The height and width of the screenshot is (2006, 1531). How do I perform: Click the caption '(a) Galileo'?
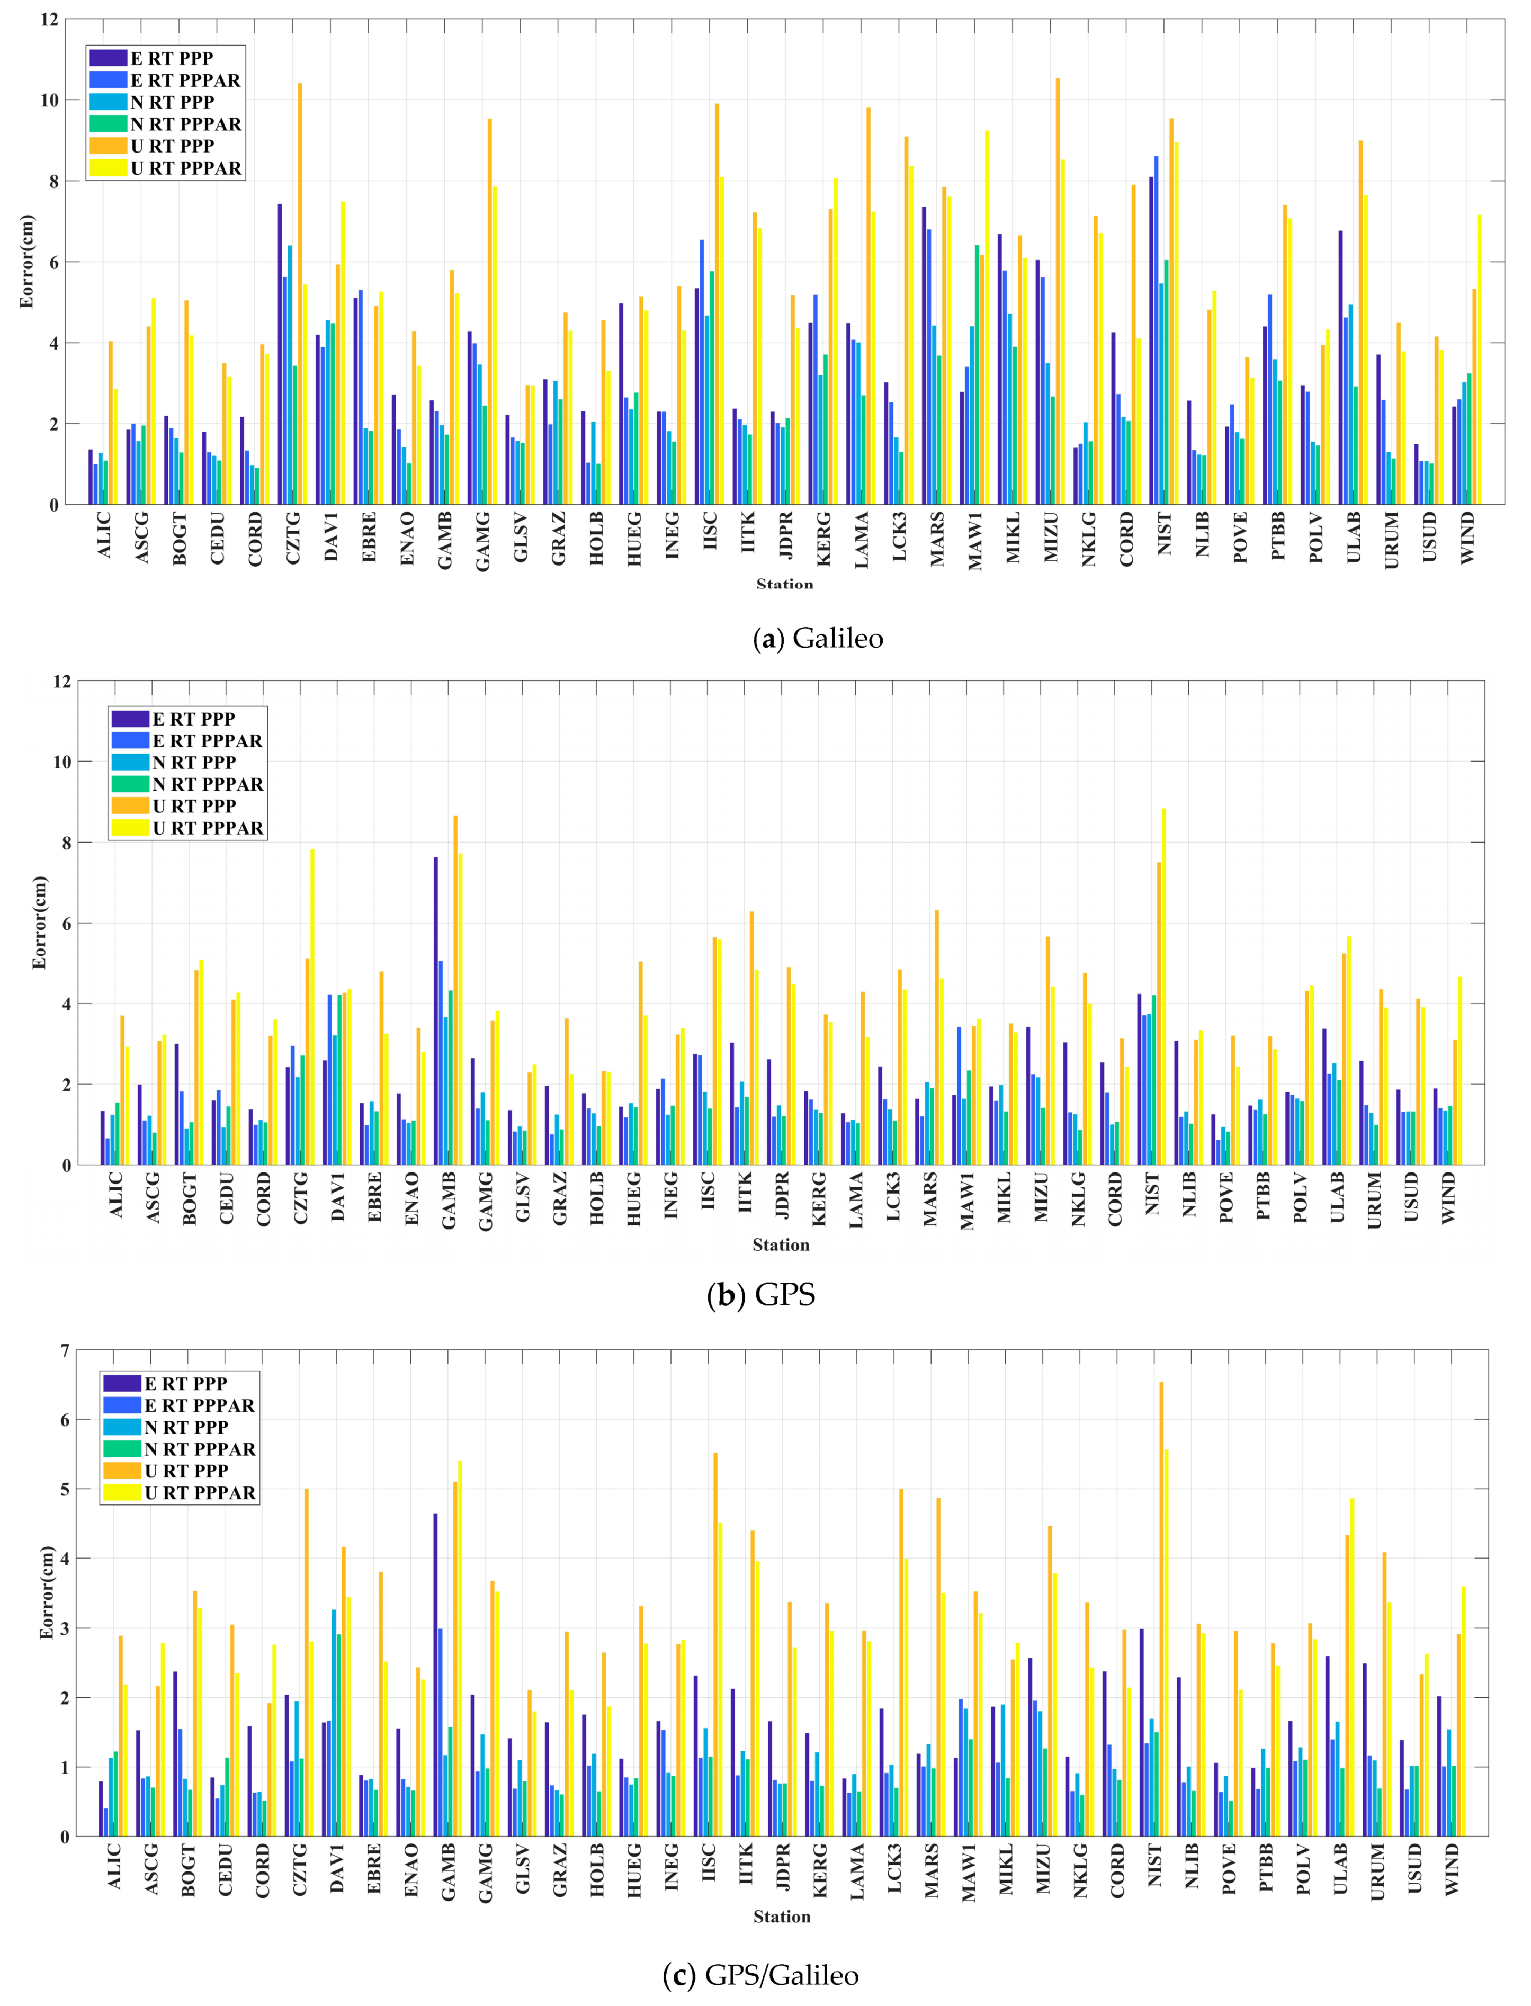click(x=818, y=638)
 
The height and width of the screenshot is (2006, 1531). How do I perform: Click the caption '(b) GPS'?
click(x=761, y=1294)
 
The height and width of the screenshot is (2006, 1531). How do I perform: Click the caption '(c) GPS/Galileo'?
click(x=761, y=1975)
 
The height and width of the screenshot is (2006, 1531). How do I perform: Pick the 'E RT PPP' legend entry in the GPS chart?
click(x=193, y=719)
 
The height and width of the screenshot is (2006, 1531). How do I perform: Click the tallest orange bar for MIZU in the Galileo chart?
click(x=1057, y=292)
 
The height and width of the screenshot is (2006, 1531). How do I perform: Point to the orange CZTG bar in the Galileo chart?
click(x=300, y=292)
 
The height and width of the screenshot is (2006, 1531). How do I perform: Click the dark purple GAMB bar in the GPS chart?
click(x=436, y=1011)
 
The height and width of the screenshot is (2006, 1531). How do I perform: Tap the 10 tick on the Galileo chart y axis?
click(x=50, y=100)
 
